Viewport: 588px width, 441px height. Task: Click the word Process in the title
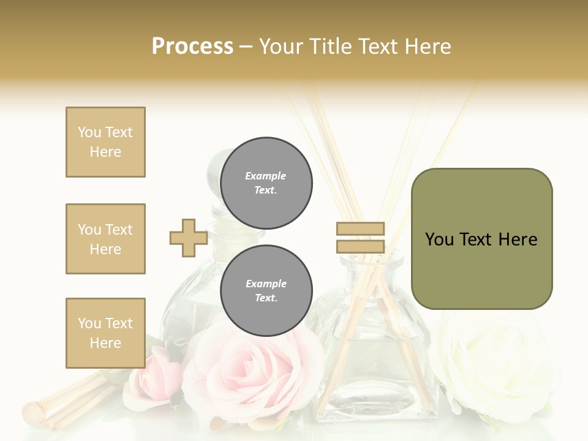coord(192,47)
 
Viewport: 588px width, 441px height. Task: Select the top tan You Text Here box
coord(105,142)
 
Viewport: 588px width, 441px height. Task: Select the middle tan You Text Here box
coord(105,239)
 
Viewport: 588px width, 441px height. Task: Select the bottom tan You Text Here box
coord(105,333)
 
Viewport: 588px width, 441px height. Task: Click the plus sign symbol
coord(188,238)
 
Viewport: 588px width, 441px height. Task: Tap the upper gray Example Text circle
coord(266,183)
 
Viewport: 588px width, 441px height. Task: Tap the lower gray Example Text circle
coord(266,290)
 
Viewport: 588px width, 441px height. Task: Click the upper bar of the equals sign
coord(360,228)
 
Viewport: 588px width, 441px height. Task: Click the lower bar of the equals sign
coord(360,247)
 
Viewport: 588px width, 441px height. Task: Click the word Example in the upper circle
coord(266,176)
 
